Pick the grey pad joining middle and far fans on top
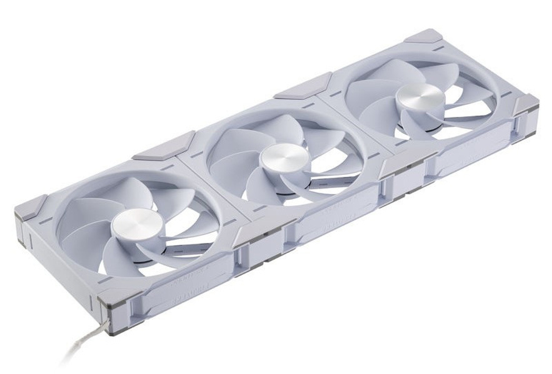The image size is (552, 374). [x=303, y=86]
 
